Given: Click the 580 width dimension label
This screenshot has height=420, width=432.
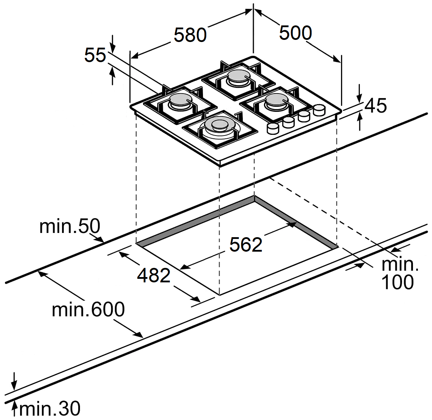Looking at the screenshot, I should (190, 35).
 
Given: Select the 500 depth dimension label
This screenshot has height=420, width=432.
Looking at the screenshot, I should (295, 33).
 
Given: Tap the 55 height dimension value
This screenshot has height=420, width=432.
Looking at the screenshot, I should (95, 55).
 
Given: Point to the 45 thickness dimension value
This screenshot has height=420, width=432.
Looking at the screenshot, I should (376, 106).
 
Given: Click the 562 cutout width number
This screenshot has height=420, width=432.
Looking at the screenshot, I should (246, 245).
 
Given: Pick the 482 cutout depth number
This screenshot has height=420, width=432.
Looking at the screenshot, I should (154, 275).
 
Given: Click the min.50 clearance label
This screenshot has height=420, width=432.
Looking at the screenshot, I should (70, 226).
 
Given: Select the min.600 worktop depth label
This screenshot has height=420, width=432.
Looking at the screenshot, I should (88, 310).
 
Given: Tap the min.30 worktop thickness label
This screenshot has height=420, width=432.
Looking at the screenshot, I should (50, 409).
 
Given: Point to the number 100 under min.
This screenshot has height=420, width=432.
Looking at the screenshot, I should (397, 282).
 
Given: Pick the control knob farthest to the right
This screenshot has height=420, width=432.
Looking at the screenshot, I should (319, 110).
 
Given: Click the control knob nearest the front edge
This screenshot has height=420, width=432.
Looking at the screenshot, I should (273, 128).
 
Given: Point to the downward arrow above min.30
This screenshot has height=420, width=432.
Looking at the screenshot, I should (14, 385).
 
